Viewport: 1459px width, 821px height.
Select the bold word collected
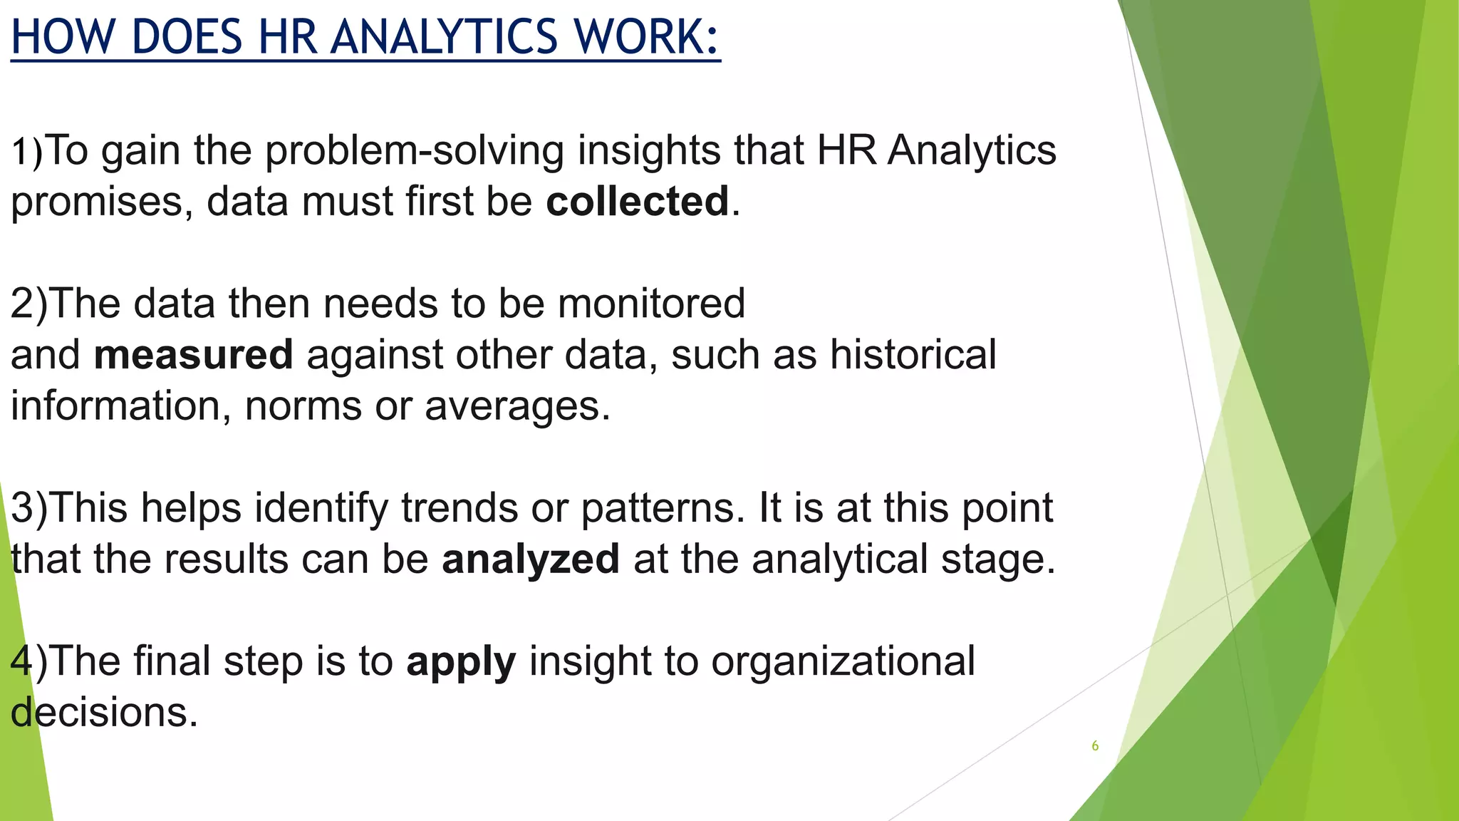pyautogui.click(x=638, y=202)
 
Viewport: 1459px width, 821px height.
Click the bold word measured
pyautogui.click(x=193, y=355)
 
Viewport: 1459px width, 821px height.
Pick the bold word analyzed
pyautogui.click(x=531, y=559)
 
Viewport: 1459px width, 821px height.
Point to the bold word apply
pyautogui.click(x=461, y=663)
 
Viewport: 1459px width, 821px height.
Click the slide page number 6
pyautogui.click(x=1095, y=746)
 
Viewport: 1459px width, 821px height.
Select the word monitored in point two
pyautogui.click(x=651, y=304)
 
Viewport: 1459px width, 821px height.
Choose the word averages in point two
pyautogui.click(x=517, y=406)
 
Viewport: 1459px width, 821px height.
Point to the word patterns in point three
pyautogui.click(x=658, y=509)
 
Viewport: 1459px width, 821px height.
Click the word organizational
pyautogui.click(x=843, y=661)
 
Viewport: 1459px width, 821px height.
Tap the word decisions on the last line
pyautogui.click(x=104, y=713)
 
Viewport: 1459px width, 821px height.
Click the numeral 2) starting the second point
pyautogui.click(x=28, y=304)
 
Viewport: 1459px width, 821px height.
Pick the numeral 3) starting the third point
pyautogui.click(x=28, y=509)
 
